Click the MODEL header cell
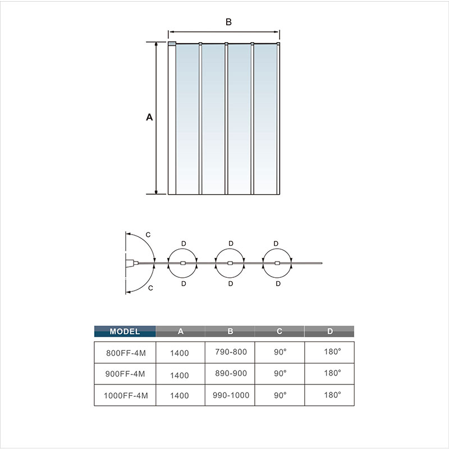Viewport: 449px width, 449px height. [125, 331]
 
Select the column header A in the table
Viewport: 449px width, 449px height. [180, 331]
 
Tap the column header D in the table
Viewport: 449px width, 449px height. [329, 331]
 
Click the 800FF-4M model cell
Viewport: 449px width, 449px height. [126, 353]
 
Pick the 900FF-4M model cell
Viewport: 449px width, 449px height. [125, 374]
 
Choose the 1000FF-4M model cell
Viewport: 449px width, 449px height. [126, 396]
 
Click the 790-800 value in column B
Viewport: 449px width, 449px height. [231, 352]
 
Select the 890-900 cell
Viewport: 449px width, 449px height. [231, 373]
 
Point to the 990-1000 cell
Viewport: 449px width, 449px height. [231, 395]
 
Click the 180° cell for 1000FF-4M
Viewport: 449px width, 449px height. [332, 395]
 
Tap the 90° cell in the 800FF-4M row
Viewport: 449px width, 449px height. [280, 352]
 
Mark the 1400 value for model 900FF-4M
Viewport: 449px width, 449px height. [179, 375]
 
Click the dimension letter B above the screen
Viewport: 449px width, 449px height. [228, 22]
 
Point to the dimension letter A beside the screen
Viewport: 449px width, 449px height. [149, 117]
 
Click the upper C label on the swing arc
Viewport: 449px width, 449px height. [148, 235]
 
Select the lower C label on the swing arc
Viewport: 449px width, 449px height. [150, 288]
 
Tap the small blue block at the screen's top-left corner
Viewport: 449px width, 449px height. [172, 44]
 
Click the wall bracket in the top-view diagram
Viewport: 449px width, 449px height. [130, 263]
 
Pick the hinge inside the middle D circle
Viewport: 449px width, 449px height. [230, 263]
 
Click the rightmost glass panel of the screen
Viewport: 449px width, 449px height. [265, 119]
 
